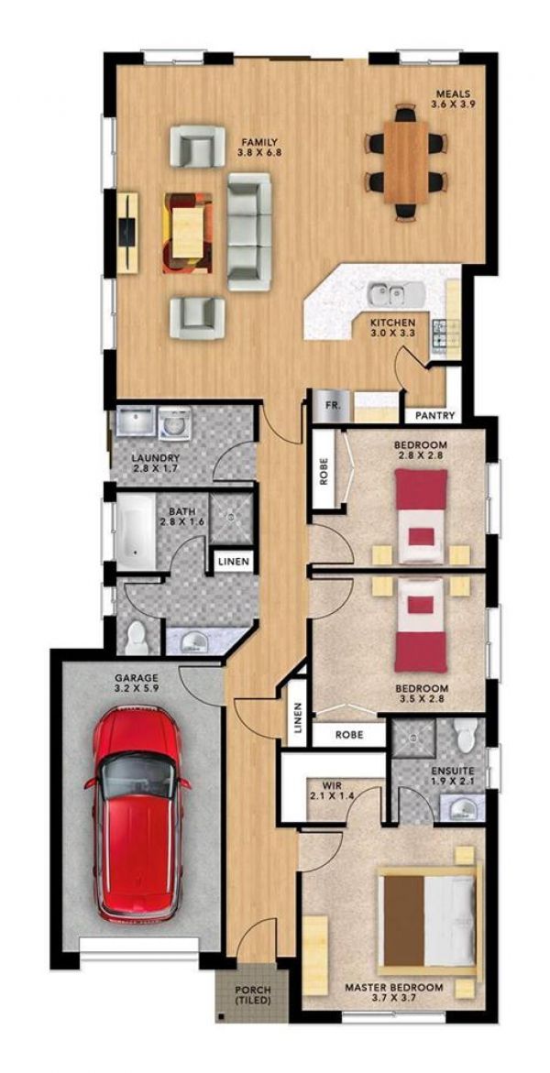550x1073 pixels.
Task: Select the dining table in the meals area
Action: click(406, 162)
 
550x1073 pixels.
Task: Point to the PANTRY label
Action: click(434, 415)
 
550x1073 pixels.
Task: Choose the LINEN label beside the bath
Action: click(233, 561)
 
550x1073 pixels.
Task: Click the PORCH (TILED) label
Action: click(252, 995)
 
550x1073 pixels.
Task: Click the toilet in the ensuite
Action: click(466, 733)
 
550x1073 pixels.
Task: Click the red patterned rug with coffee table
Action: click(187, 232)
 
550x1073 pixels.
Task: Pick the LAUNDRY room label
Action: click(155, 464)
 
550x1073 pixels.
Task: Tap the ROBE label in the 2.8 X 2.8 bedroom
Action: click(324, 468)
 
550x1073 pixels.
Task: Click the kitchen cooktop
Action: click(441, 334)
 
